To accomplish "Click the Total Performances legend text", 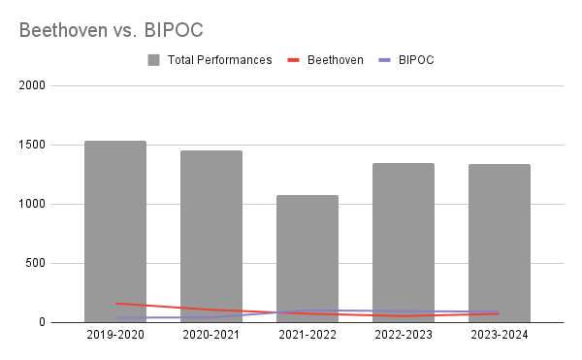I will (219, 60).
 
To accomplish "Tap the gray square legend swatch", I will (154, 60).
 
